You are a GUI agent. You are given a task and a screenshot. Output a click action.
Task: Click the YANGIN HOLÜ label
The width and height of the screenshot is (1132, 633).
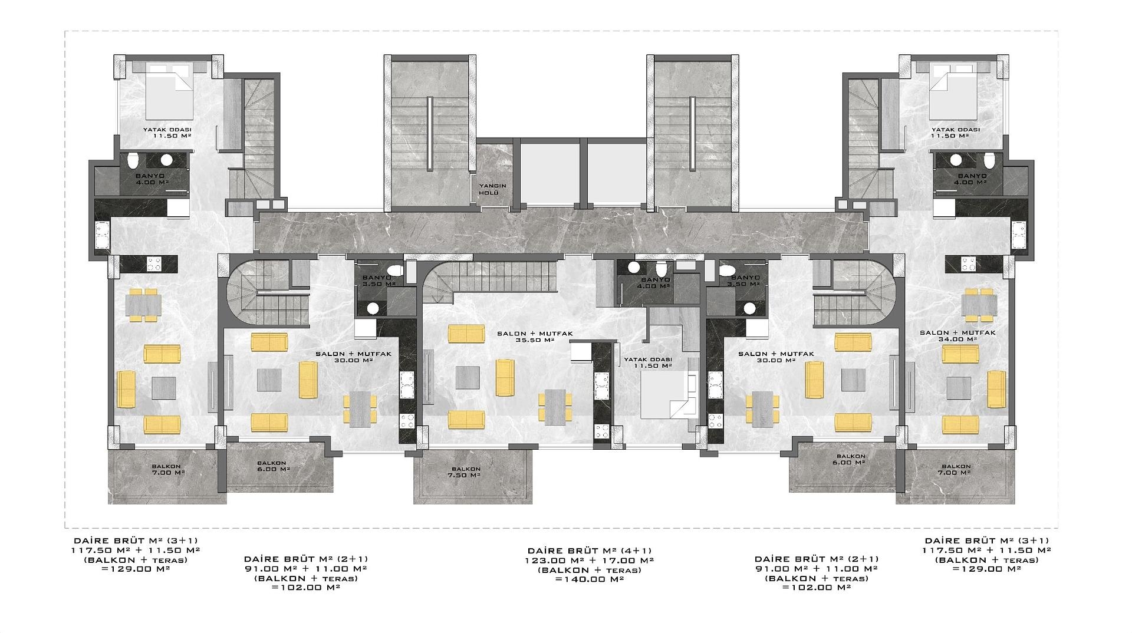coord(492,189)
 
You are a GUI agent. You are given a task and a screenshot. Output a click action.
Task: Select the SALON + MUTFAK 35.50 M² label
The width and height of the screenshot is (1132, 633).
coord(535,337)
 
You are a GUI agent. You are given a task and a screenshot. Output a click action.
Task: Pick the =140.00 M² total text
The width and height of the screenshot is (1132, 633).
coord(590,579)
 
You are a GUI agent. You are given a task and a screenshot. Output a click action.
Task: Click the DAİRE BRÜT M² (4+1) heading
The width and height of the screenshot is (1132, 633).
coord(590,550)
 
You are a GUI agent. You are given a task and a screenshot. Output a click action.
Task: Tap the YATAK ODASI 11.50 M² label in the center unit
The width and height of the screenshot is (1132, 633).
coord(648,362)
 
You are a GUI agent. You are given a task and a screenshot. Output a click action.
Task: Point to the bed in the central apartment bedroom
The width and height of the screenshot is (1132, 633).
coord(667,395)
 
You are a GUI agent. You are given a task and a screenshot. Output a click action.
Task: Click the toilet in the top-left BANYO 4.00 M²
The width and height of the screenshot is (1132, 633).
coord(133,161)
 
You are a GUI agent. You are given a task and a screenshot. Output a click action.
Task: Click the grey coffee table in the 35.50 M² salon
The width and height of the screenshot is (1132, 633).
coord(468,378)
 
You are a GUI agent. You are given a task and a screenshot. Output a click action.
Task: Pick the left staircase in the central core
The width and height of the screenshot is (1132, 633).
coord(432,133)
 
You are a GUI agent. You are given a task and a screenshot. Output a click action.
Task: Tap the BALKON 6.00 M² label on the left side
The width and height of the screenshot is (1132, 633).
coord(272,466)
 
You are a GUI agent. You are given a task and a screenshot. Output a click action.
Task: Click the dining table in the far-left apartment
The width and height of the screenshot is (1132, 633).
coord(143,305)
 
